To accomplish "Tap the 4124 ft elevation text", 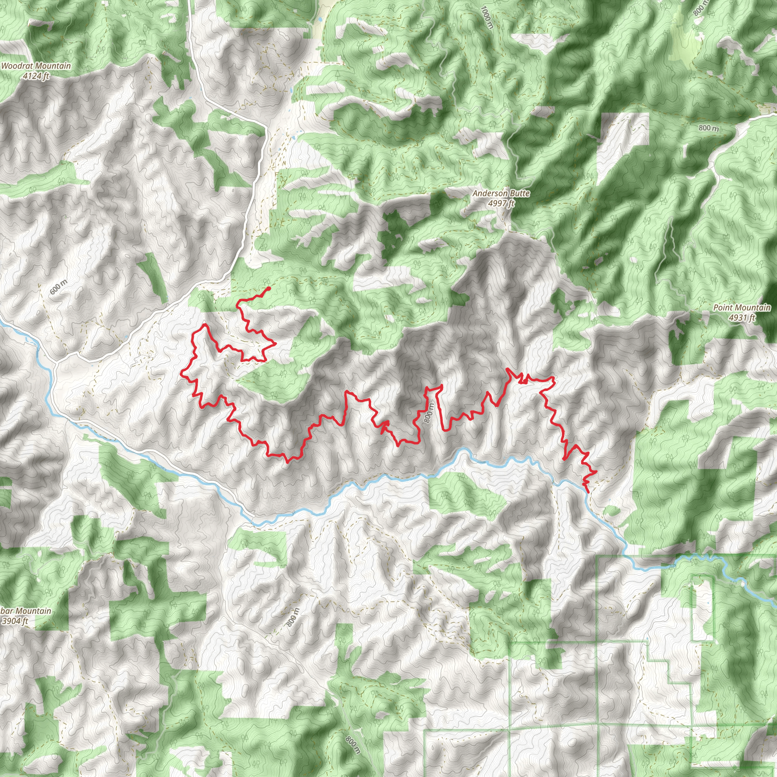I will [x=36, y=75].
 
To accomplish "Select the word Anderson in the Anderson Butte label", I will [x=488, y=193].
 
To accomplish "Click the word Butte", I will [x=520, y=193].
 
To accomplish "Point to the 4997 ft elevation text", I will [x=501, y=203].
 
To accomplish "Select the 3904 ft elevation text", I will [x=15, y=621].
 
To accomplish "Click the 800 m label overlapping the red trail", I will [x=429, y=413].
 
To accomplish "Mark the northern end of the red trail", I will [x=269, y=288].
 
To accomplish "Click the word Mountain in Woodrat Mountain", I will [x=53, y=66].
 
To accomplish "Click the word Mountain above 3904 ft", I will [x=33, y=611].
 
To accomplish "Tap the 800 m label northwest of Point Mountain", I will [x=709, y=128].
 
